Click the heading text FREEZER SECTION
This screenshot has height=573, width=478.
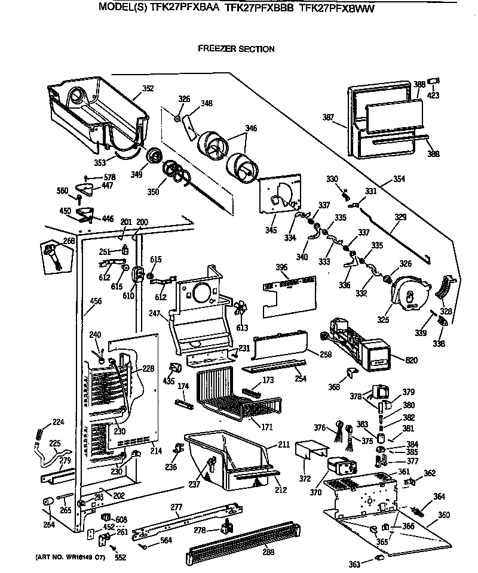point(236,49)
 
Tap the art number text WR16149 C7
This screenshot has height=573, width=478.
point(64,557)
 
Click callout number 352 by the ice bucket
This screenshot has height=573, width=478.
point(148,88)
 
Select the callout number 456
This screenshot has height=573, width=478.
point(96,301)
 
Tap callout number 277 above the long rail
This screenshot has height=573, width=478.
point(176,507)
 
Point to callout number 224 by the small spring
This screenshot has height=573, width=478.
point(58,422)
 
